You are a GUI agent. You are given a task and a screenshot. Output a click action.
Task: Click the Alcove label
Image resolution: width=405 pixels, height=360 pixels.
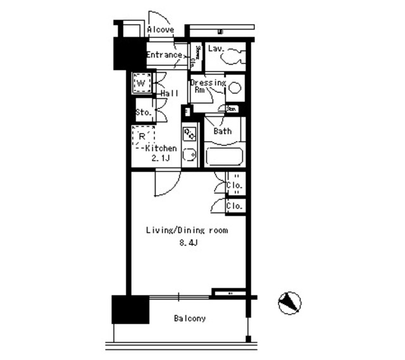[x=161, y=29]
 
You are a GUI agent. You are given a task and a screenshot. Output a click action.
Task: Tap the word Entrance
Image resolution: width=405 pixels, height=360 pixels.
[x=164, y=55]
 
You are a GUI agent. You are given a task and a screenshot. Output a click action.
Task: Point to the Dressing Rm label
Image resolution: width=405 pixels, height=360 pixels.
[x=207, y=86]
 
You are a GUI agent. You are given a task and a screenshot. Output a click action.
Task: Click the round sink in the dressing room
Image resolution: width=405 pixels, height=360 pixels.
[x=234, y=89]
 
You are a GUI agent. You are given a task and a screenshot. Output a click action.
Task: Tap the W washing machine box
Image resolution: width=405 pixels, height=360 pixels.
[x=140, y=83]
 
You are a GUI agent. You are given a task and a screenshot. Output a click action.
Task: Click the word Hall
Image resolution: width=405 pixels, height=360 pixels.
[x=169, y=93]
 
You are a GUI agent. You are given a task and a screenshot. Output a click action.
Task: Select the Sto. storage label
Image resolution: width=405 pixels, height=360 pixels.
[x=143, y=113]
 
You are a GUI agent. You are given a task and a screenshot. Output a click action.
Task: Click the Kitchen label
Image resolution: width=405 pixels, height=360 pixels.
[x=161, y=148]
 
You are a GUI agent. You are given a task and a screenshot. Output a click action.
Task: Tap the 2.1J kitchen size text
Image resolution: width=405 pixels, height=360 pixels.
[x=161, y=158]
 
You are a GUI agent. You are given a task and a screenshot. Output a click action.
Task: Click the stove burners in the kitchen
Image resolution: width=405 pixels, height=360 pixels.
[x=189, y=134]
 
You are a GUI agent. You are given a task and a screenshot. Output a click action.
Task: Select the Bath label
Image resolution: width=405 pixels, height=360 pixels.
[x=222, y=132]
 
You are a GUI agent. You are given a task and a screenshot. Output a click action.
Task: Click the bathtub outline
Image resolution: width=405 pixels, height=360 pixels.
[x=225, y=156]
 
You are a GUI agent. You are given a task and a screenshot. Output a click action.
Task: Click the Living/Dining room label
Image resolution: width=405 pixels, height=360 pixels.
[x=187, y=230]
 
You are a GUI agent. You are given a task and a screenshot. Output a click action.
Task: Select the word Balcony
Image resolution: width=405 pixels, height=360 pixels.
[x=190, y=318]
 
